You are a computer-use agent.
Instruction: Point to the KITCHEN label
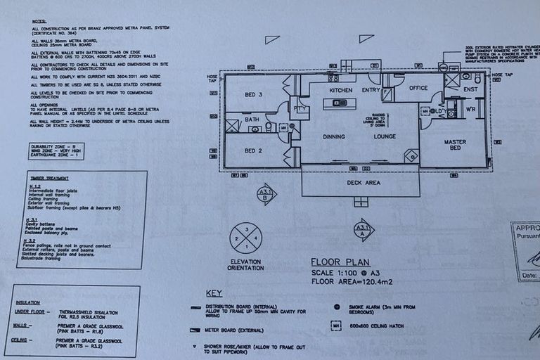(x=341, y=91)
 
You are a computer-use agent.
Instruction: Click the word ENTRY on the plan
(x=371, y=90)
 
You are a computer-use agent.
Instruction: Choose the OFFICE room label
(x=419, y=88)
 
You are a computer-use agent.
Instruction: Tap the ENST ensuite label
(x=470, y=90)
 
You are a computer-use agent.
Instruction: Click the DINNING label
(x=335, y=137)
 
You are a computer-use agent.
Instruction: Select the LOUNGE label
(x=385, y=137)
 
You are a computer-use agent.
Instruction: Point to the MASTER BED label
(x=455, y=146)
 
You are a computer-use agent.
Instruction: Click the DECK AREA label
(x=363, y=183)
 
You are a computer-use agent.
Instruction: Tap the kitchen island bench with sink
(x=335, y=103)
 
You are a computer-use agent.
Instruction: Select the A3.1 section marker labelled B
(x=266, y=193)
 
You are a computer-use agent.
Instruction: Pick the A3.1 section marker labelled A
(x=363, y=230)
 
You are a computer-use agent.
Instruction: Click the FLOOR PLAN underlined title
(x=340, y=262)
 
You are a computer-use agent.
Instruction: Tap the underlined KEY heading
(x=214, y=293)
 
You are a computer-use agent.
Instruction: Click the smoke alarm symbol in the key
(x=337, y=307)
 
